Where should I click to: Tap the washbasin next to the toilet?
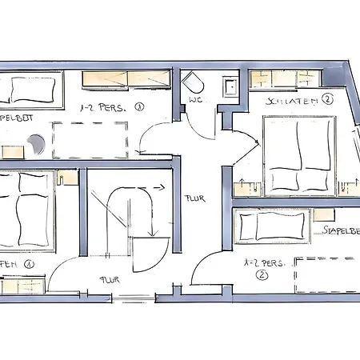tap(230, 86)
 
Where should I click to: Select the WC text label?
tap(195, 102)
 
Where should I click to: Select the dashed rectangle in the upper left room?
tap(90, 139)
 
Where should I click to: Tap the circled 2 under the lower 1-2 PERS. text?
tap(261, 274)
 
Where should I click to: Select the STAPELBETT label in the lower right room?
tap(339, 230)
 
